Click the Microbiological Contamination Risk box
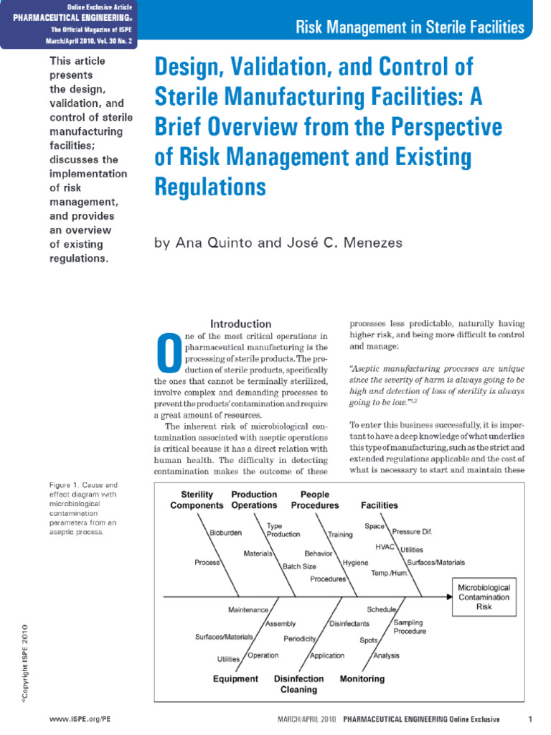pyautogui.click(x=484, y=596)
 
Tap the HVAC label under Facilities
pyautogui.click(x=386, y=546)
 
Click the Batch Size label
pyautogui.click(x=299, y=566)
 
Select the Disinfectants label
pyautogui.click(x=349, y=624)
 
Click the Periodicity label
pyautogui.click(x=301, y=638)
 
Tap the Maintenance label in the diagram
pyautogui.click(x=248, y=609)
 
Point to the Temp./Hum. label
pyautogui.click(x=390, y=574)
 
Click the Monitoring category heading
pyautogui.click(x=362, y=678)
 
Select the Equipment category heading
pyautogui.click(x=235, y=678)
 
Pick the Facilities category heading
pyautogui.click(x=379, y=505)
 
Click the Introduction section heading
pyautogui.click(x=240, y=324)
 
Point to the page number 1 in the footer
pyautogui.click(x=529, y=718)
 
